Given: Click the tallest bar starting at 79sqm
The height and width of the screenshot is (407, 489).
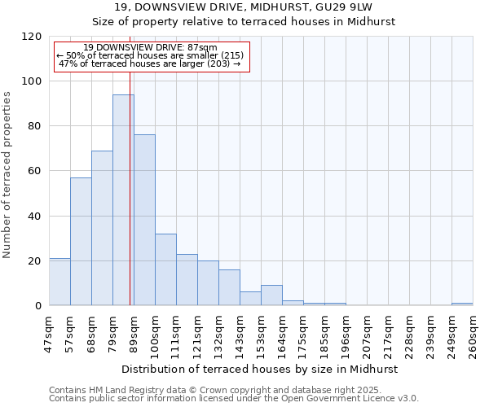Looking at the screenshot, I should [x=123, y=200].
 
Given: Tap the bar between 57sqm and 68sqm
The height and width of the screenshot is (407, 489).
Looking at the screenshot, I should [x=81, y=242].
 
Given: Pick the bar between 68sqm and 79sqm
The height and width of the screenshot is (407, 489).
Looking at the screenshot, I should [x=102, y=228].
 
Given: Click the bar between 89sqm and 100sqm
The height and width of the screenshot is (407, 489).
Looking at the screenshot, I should [x=144, y=220].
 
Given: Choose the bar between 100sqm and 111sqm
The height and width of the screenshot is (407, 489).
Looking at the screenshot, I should [x=165, y=269].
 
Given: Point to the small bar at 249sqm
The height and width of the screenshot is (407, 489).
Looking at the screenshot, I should [x=462, y=304].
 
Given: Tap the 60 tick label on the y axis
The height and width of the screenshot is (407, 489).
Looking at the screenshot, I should [x=35, y=171].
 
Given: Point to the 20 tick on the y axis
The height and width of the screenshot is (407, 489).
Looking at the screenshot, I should [x=35, y=261].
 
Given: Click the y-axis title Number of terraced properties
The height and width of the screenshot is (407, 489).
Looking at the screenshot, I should [x=7, y=174].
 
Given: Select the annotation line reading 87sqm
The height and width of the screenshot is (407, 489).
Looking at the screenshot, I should [x=151, y=48].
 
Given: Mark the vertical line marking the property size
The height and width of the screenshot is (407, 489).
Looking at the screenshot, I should [x=130, y=179].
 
